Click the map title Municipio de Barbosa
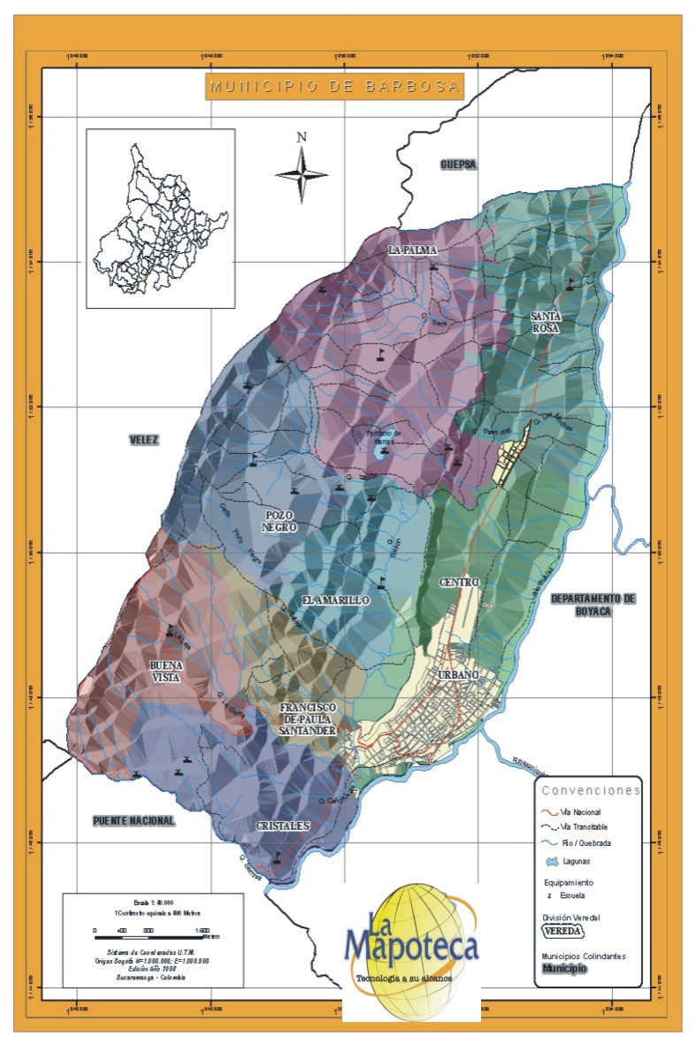(334, 86)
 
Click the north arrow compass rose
(302, 173)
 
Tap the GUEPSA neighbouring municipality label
(459, 165)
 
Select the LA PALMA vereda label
(413, 251)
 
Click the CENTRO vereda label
(458, 582)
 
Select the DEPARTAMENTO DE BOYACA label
(592, 605)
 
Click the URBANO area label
(458, 675)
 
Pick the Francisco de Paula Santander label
(307, 719)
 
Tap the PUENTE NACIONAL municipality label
(134, 821)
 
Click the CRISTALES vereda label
(283, 826)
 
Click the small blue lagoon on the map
(380, 451)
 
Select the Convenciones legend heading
(591, 790)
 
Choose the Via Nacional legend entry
(580, 811)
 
